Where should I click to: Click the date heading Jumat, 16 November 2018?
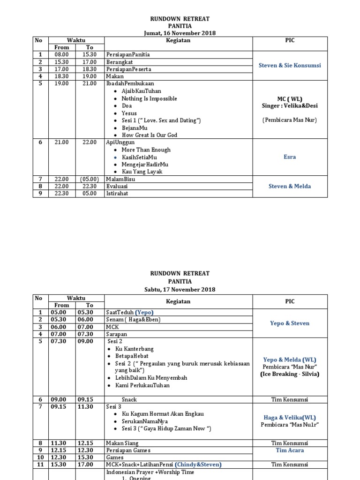coord(180,33)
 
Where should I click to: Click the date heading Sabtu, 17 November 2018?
coord(180,289)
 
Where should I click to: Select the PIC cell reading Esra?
coord(290,157)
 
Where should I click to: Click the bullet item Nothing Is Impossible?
coord(149,98)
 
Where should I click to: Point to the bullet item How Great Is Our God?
coord(149,135)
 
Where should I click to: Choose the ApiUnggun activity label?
coord(120,142)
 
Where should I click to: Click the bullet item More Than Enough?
coord(146,150)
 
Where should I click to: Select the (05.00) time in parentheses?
coord(90,179)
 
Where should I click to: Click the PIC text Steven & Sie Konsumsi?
coord(290,65)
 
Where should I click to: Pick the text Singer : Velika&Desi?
coord(290,106)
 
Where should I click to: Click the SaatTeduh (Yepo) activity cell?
coord(130,313)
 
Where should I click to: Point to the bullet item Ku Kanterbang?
coord(137,349)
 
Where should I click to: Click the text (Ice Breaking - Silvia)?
coord(290,374)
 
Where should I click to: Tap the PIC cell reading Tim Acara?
coord(290,450)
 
